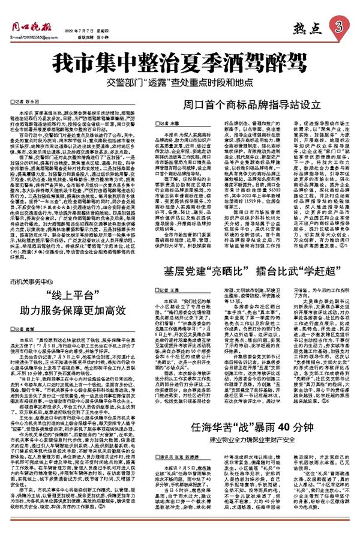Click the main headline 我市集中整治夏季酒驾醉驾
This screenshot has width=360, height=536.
179,62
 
